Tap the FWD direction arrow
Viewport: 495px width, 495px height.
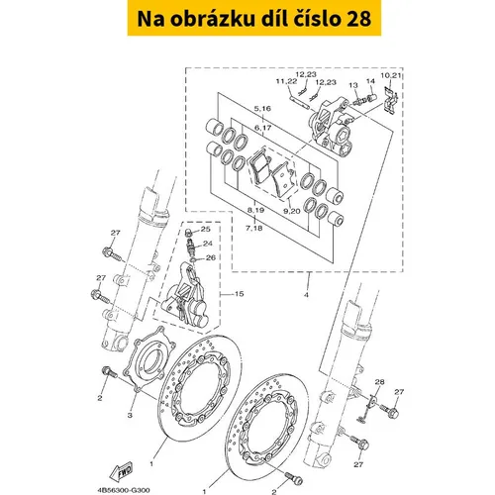point(122,472)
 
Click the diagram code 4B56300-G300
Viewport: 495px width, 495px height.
point(124,490)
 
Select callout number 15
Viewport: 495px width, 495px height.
point(239,294)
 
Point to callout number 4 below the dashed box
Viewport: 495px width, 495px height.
point(306,295)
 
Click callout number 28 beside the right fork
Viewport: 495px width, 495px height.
point(379,382)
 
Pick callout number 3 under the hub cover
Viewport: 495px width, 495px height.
point(130,415)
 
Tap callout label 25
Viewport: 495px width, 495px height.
point(205,229)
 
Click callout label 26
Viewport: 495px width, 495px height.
point(211,257)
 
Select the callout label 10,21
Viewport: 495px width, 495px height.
point(391,75)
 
